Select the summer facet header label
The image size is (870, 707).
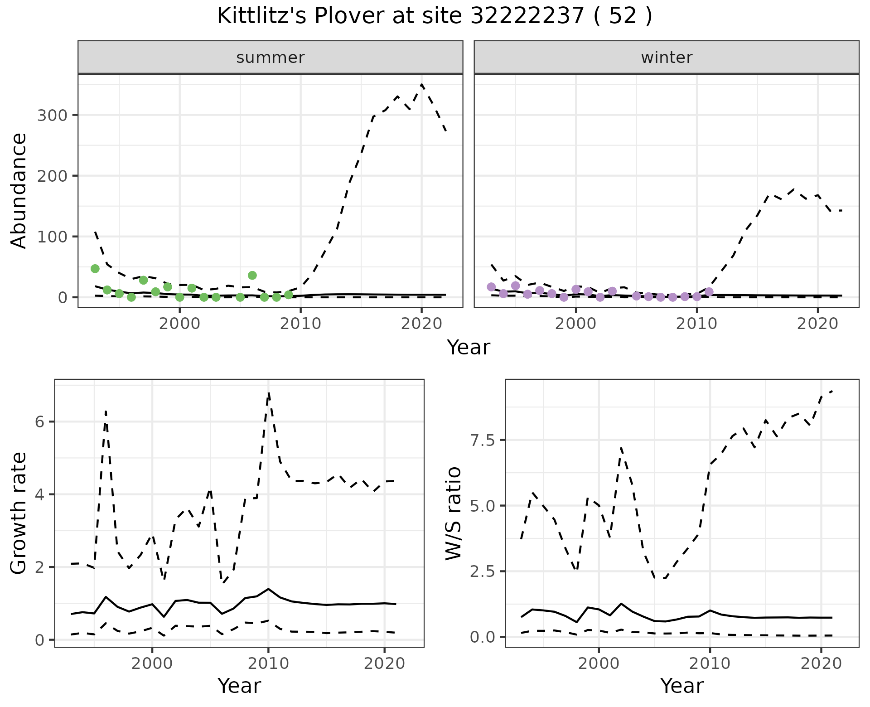click(271, 58)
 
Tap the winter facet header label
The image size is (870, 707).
click(667, 58)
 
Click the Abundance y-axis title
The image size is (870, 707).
click(19, 190)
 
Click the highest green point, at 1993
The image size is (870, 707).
click(95, 268)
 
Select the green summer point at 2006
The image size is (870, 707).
click(252, 275)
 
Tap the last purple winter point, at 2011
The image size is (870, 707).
click(709, 292)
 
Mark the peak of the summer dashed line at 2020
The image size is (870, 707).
click(422, 85)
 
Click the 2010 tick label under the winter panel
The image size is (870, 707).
click(697, 324)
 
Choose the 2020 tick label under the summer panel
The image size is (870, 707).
click(422, 324)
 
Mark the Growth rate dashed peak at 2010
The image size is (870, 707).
click(268, 393)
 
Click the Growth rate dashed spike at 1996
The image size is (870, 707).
click(106, 411)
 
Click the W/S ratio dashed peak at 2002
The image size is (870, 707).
click(621, 448)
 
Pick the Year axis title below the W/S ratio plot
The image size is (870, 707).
click(681, 686)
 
